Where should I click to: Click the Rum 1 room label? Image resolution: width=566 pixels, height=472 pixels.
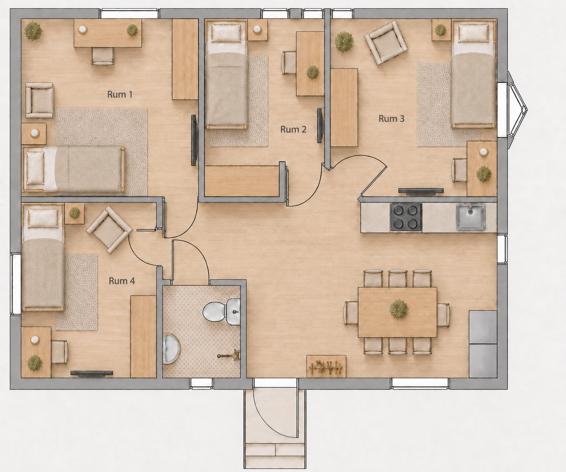point(120,94)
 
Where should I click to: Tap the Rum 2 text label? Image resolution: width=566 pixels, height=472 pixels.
point(293,129)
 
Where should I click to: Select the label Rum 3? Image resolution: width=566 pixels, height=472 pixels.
point(392,118)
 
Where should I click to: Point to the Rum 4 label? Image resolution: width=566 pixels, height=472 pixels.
point(122,281)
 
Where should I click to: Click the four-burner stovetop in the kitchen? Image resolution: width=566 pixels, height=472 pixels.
point(406,217)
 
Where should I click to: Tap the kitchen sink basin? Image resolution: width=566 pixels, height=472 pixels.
point(471,217)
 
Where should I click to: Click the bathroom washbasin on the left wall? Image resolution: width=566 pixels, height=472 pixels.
point(172,348)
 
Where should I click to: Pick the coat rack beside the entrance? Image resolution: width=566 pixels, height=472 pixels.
point(326,366)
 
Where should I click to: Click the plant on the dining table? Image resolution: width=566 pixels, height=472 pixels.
point(399,309)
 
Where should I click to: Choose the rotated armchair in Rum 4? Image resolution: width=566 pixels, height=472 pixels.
point(109,230)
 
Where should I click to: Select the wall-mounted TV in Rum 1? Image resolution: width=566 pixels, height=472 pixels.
point(194,140)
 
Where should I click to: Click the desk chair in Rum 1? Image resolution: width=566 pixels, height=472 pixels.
point(103,56)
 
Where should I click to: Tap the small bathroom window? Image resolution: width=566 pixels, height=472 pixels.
point(201,384)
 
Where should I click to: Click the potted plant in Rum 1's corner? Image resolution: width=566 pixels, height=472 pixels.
point(33,31)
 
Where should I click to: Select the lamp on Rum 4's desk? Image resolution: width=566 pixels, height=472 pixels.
point(35,339)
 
